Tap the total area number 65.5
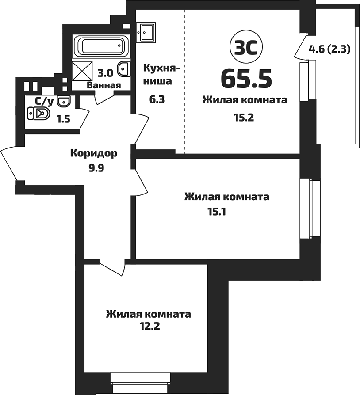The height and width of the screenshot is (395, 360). coord(246,78)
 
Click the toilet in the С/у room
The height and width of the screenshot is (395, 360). coord(40,114)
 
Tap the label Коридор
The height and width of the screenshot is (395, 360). coord(94,154)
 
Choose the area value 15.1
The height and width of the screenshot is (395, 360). coord(217,212)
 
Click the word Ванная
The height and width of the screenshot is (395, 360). coord(104,85)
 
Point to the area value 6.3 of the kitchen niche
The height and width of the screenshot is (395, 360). coord(157,99)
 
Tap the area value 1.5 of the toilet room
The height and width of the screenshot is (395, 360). coord(62,118)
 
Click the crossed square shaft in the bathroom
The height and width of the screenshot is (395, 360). coord(80,70)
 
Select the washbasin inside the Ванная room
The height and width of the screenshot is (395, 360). coord(125,68)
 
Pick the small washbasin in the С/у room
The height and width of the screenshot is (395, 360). coord(65,101)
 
